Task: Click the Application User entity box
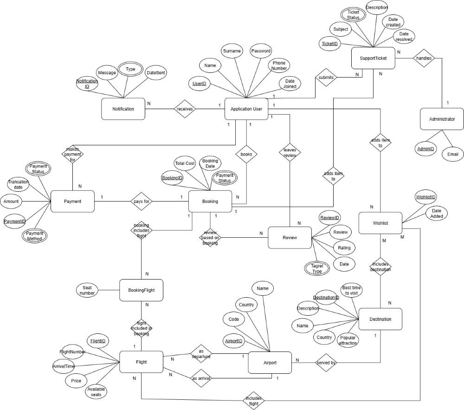pos(246,110)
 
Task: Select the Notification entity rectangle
pos(123,110)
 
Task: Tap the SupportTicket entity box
pos(373,59)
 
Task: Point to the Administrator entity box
pos(442,119)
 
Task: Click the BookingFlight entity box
pos(141,290)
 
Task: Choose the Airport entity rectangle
pos(270,363)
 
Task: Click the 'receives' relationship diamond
pos(185,110)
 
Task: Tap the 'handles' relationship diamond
pos(423,59)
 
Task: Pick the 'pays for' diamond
pos(142,202)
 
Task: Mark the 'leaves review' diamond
pos(290,153)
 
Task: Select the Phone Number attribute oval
pos(279,65)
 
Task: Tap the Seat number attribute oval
pos(87,290)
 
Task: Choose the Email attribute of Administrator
pos(452,154)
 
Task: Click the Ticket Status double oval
pos(353,15)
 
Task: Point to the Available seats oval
pos(96,391)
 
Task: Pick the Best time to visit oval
pos(351,291)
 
